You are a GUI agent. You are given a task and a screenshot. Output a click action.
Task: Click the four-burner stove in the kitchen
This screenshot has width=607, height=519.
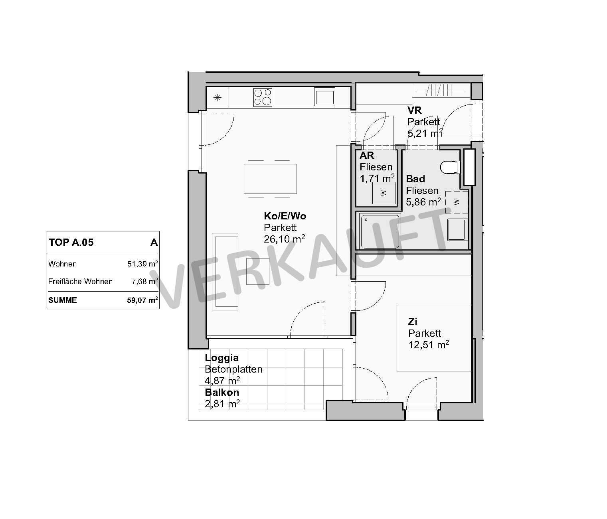[x=263, y=97]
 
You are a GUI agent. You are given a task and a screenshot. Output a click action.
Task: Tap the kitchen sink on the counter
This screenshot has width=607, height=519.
[x=324, y=97]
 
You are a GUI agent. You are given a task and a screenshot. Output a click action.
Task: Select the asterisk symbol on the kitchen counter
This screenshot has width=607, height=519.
[x=217, y=97]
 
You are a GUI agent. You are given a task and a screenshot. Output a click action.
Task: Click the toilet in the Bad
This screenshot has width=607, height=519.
[x=449, y=167]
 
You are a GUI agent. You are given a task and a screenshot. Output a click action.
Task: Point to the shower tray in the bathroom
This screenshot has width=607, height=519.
[x=380, y=232]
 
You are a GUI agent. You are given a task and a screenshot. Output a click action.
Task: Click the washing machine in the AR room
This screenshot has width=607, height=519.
[x=384, y=193]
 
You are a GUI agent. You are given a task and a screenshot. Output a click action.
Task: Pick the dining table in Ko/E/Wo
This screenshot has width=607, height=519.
[x=270, y=179]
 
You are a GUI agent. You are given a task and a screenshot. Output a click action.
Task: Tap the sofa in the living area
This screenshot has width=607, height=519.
[x=225, y=272]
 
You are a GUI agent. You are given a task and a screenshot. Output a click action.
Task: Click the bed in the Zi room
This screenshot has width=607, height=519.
[x=434, y=338]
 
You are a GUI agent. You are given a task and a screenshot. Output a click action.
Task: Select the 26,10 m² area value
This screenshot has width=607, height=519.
[x=284, y=239]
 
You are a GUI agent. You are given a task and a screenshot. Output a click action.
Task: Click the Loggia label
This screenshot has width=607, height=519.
[x=222, y=358]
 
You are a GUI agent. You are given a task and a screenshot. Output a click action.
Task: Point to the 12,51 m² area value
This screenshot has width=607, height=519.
[x=429, y=345]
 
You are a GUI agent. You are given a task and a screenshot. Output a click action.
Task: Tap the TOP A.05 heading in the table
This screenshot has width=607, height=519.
[x=71, y=243]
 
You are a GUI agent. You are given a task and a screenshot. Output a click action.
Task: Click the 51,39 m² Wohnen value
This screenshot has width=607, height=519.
[x=142, y=264]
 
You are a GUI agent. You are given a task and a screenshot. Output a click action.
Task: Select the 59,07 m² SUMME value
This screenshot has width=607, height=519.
[x=142, y=300]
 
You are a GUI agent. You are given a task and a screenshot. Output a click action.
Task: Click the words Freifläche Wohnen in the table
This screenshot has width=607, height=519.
[x=81, y=282]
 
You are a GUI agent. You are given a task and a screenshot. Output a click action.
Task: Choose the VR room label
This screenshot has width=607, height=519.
[x=414, y=111]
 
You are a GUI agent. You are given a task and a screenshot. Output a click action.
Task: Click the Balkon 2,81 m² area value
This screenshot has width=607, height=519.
[x=222, y=404]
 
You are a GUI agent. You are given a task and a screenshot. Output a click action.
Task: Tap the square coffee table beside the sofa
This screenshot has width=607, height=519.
[x=257, y=271]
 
